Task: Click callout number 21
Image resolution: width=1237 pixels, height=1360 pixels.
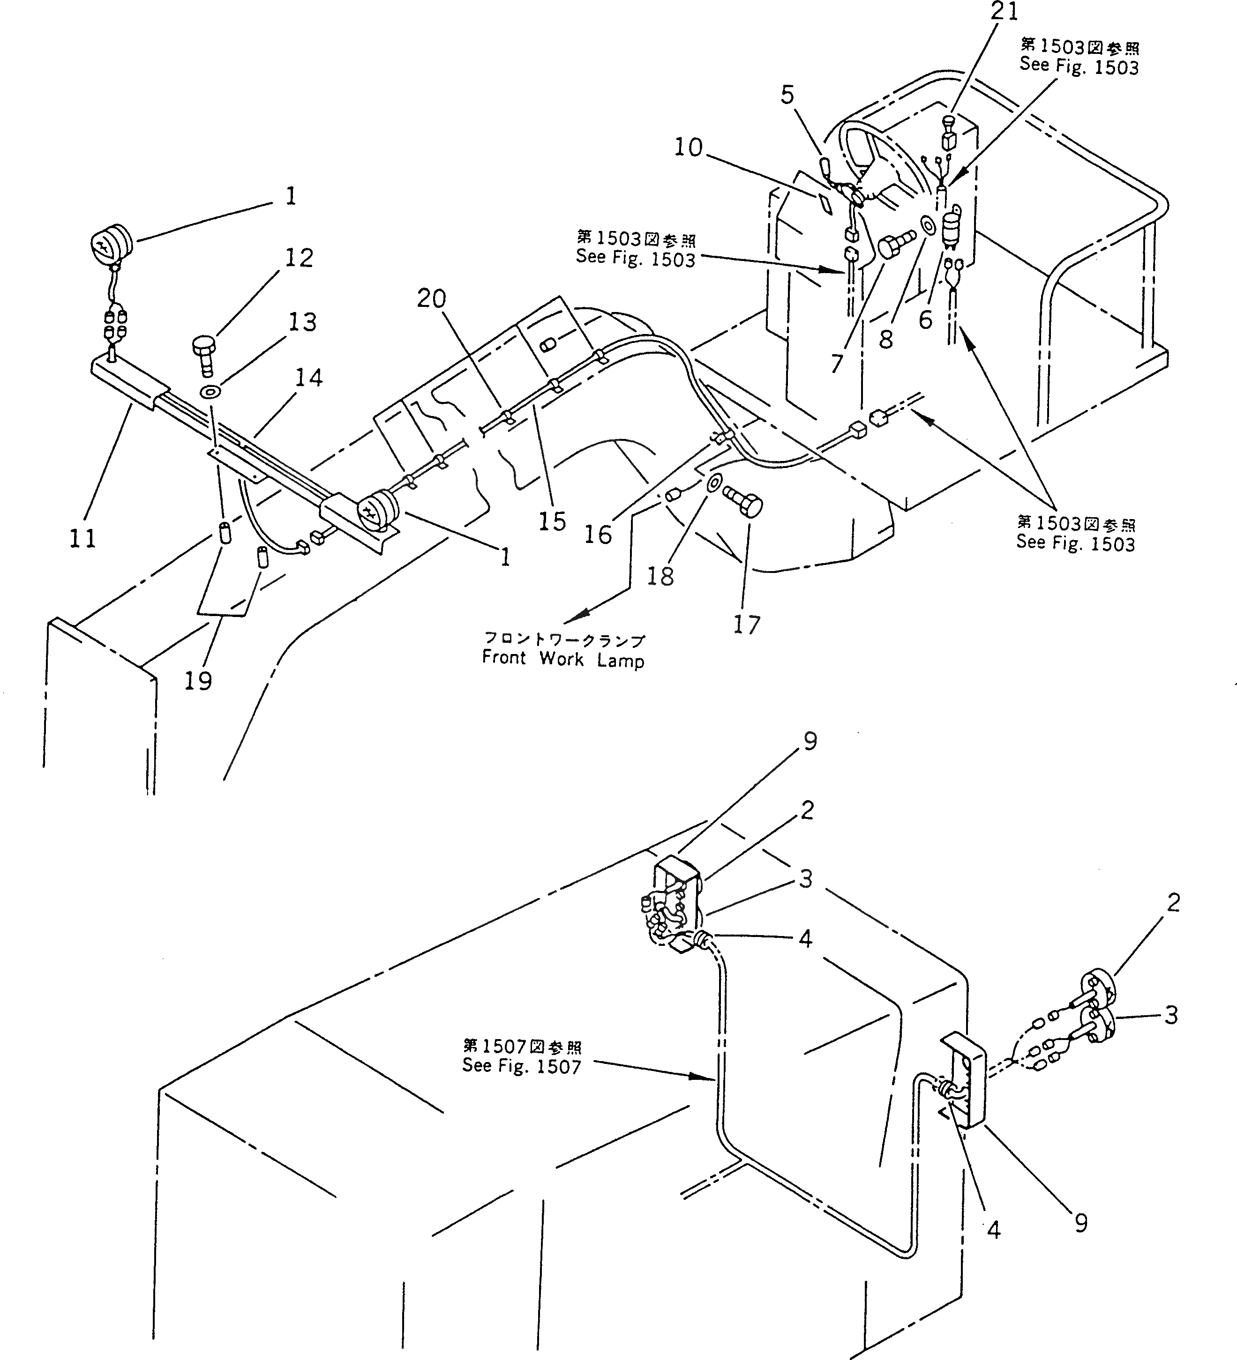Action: [x=1004, y=11]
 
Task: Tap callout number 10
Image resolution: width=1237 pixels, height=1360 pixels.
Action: [x=689, y=148]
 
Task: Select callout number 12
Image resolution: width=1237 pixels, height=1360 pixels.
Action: [x=299, y=258]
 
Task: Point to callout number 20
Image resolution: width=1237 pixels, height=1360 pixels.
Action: [x=431, y=298]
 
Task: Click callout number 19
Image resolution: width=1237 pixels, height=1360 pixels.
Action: [x=198, y=681]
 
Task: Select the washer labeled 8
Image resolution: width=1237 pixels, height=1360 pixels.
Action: [x=927, y=226]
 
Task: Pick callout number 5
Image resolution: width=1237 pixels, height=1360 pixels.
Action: [x=787, y=95]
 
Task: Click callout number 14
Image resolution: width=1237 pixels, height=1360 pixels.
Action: [x=308, y=378]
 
